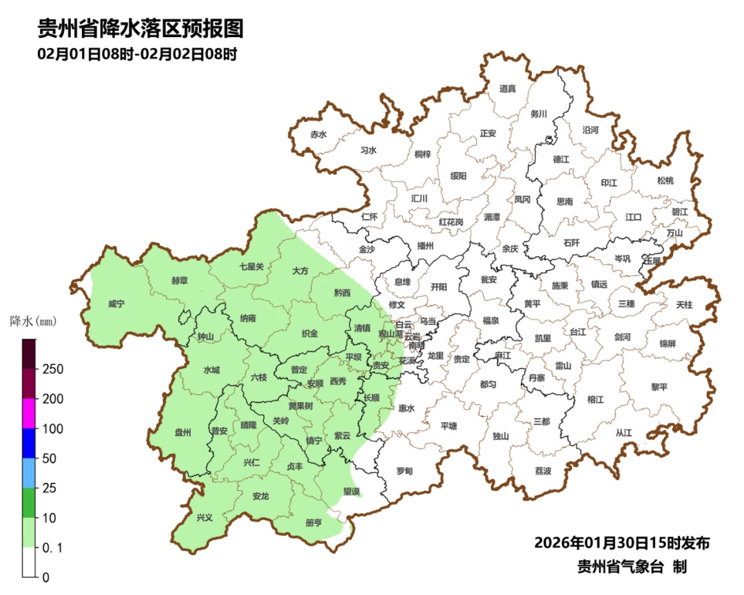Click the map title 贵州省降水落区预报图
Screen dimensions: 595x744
141,28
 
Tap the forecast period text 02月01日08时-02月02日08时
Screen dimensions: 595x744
138,54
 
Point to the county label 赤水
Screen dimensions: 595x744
318,135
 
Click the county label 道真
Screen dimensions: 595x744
508,88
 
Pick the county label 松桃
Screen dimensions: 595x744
665,180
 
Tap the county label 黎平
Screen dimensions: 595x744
659,386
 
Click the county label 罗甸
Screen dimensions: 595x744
404,471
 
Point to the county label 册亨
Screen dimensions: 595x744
313,523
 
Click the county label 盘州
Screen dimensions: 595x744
183,432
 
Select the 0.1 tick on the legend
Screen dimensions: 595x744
52,547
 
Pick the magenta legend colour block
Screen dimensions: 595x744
29,413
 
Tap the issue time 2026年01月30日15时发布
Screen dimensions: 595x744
621,543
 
